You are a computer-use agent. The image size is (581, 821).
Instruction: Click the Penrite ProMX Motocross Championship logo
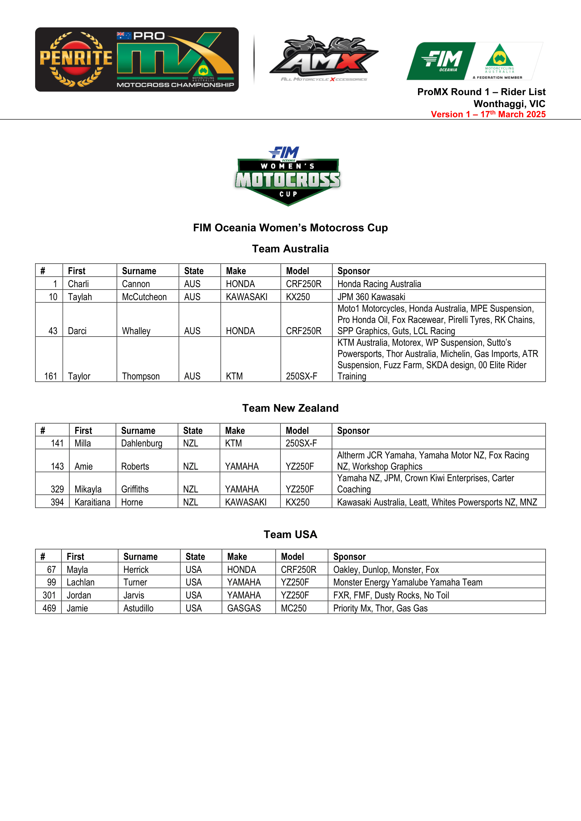click(137, 59)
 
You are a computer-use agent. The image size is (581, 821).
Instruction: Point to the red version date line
click(488, 114)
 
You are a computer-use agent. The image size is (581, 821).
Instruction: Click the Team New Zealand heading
click(290, 408)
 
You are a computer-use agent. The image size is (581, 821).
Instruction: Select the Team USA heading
click(290, 534)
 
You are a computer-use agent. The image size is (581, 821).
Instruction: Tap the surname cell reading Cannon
click(136, 284)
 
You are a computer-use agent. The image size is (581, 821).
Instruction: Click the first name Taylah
click(80, 297)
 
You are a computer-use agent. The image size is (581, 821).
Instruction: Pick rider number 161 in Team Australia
click(51, 376)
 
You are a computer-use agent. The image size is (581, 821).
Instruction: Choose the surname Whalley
click(136, 331)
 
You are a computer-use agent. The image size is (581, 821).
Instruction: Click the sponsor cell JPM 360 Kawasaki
click(371, 297)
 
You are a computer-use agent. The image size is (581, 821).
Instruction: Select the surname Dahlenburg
click(142, 443)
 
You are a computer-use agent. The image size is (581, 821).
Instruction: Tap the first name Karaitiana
click(92, 502)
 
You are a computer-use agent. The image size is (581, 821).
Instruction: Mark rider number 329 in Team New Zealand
click(57, 489)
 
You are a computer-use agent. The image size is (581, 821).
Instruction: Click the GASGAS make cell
click(244, 608)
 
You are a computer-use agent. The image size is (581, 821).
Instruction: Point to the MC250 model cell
click(294, 608)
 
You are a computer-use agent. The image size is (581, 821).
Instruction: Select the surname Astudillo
click(138, 608)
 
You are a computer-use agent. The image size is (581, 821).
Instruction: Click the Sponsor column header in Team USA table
click(350, 557)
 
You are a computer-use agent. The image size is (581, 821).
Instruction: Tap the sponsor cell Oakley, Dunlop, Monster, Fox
click(386, 570)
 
